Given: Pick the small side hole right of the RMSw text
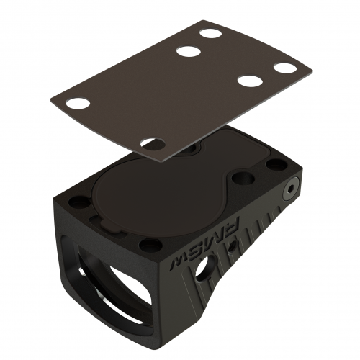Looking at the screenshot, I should click(232, 246).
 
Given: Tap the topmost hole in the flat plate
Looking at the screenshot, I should click(210, 33).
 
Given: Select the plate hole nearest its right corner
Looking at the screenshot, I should click(285, 68).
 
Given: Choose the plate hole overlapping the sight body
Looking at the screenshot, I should click(152, 143).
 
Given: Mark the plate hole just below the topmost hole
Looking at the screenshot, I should click(189, 51).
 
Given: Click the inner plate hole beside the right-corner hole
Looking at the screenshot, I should click(250, 81).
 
